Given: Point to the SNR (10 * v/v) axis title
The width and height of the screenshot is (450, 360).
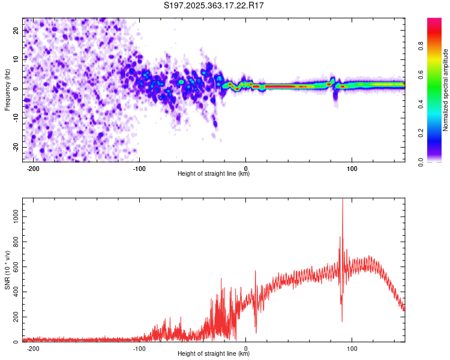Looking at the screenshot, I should [8, 271].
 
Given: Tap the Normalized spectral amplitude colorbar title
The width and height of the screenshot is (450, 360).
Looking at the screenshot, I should [445, 90].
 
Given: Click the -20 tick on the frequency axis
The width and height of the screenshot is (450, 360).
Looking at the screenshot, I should [16, 147].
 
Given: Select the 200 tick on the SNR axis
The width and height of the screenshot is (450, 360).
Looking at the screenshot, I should [15, 316].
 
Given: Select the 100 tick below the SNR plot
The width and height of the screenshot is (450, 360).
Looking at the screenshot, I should [352, 348].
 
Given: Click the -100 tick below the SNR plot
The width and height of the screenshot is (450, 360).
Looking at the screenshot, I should [139, 348].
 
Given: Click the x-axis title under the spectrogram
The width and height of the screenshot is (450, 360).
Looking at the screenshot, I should [214, 174].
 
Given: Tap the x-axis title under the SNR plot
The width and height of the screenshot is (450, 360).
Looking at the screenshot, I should [214, 354].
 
